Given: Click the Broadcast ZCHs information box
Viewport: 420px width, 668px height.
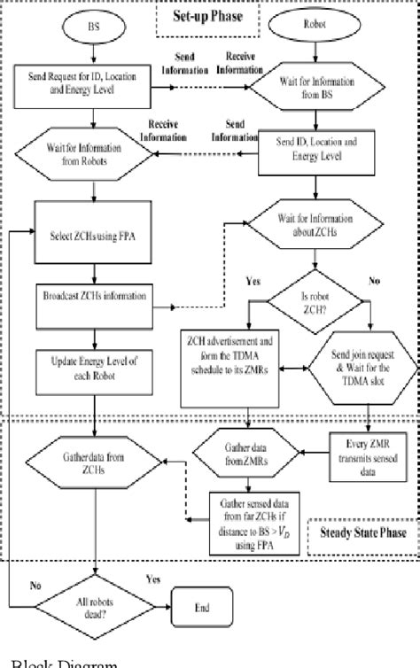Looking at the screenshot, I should pos(91,296).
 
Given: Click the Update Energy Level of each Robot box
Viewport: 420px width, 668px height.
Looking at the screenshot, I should pos(91,364).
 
